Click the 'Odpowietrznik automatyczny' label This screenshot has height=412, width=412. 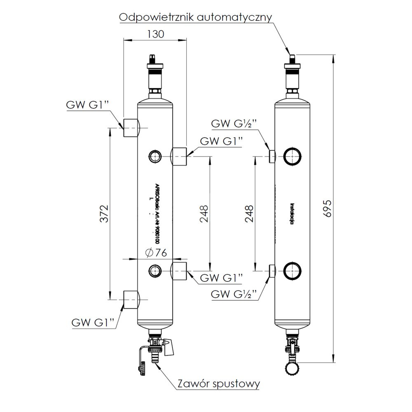pos(195,18)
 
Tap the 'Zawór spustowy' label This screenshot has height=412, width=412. pos(219,384)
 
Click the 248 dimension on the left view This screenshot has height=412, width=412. pos(204,213)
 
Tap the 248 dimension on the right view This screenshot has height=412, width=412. pos(248,213)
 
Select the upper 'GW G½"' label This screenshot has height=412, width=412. pos(234,124)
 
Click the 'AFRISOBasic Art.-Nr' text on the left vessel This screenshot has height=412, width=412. pos(157,213)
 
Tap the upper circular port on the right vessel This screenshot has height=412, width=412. pos(293,156)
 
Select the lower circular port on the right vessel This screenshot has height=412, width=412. pos(293,271)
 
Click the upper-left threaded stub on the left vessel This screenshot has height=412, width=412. pos(131,128)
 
